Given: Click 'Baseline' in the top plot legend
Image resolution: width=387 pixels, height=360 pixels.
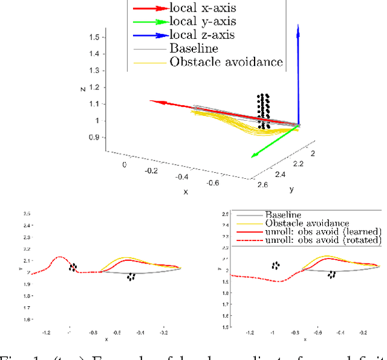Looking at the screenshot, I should (x=194, y=48).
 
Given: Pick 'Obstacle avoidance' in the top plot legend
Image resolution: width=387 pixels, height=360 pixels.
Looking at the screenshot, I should (x=226, y=61).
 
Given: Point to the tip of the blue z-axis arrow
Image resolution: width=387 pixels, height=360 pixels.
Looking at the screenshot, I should (x=299, y=25).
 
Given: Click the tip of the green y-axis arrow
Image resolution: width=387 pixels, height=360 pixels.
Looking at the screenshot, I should (x=252, y=156).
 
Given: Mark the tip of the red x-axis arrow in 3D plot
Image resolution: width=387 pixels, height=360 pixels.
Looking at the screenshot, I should (x=150, y=101).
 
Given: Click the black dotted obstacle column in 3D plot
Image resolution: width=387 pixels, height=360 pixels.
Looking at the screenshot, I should (x=263, y=111).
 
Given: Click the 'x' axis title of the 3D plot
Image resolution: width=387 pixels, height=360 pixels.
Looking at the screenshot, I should (x=186, y=191).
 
